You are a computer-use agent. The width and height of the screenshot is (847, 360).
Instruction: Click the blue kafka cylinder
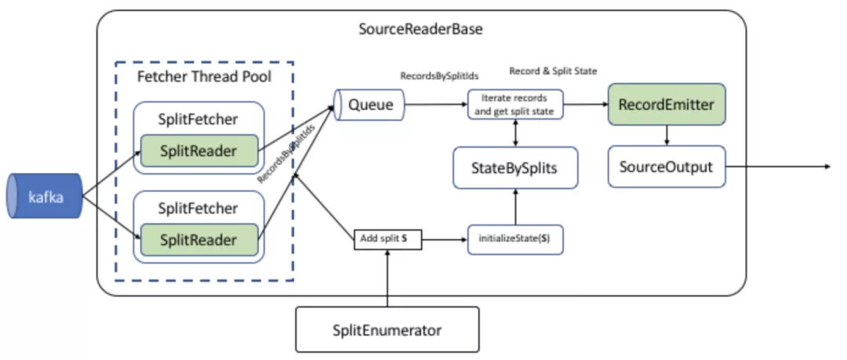point(45,195)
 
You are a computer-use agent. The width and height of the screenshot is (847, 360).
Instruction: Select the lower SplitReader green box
point(198,240)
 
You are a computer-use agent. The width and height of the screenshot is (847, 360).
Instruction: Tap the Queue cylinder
point(369,104)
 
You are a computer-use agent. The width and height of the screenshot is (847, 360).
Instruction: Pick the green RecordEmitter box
point(666,104)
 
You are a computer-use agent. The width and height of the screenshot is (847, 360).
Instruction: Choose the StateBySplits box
point(515,168)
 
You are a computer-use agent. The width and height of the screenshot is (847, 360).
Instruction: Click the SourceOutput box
point(666,168)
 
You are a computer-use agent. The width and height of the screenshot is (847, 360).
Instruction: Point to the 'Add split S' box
point(388,237)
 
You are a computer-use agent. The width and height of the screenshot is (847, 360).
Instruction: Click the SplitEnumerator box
point(387,330)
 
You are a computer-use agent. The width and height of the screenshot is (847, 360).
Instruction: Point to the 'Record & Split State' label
point(553,71)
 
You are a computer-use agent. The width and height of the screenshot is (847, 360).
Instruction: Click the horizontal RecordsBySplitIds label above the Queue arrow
point(439,77)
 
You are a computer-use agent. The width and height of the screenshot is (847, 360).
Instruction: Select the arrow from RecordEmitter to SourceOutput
point(667,134)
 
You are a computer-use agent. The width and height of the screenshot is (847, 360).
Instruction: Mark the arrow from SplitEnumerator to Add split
point(388,278)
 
